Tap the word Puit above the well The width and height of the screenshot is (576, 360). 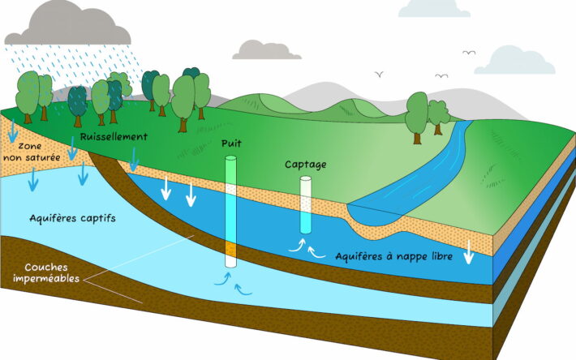pos(231,144)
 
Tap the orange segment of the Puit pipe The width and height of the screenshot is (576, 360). pos(230,251)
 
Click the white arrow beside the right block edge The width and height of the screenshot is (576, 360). pos(468,253)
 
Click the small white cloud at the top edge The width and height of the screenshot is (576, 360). pos(434,7)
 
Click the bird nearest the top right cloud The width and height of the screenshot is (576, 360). pos(469,53)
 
